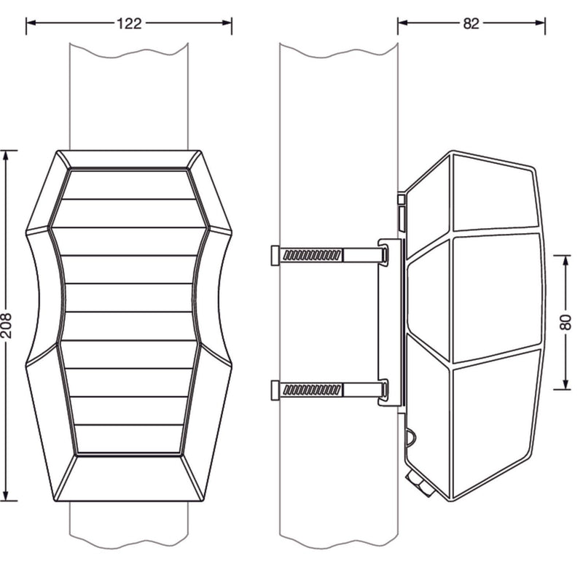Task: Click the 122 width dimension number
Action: pyautogui.click(x=130, y=23)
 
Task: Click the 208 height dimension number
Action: pyautogui.click(x=7, y=326)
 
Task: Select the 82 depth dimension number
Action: pyautogui.click(x=471, y=23)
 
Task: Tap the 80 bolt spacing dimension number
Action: pyautogui.click(x=566, y=322)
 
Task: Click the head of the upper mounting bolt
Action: pyautogui.click(x=275, y=256)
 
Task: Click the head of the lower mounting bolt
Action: pyautogui.click(x=275, y=390)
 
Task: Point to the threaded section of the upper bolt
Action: pyautogui.click(x=312, y=255)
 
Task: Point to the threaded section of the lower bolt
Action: pyautogui.click(x=312, y=390)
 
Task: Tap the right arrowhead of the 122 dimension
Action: pyautogui.click(x=227, y=23)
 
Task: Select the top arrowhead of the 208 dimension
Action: pyautogui.click(x=5, y=156)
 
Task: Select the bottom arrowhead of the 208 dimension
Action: pyautogui.click(x=5, y=496)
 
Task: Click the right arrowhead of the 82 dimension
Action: pyautogui.click(x=540, y=23)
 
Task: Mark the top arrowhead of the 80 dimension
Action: pyautogui.click(x=566, y=261)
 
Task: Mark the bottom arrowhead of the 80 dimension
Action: pyautogui.click(x=566, y=385)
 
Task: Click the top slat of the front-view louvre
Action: pyautogui.click(x=129, y=185)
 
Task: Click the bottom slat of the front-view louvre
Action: pyautogui.click(x=129, y=439)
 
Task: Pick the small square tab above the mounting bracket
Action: pyautogui.click(x=401, y=200)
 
